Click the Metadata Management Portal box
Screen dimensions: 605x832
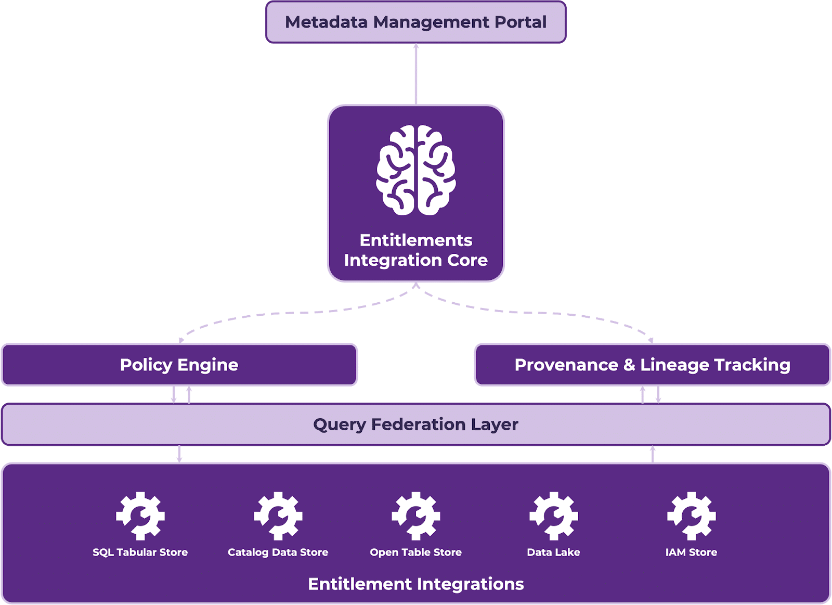[x=415, y=22]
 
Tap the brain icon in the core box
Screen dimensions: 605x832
[x=416, y=170]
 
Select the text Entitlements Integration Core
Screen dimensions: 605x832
[x=416, y=250]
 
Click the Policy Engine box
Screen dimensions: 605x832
[x=179, y=365]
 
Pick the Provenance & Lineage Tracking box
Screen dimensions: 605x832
[x=652, y=365]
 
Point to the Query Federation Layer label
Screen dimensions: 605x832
[x=415, y=424]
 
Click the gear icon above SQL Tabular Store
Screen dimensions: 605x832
[x=140, y=516]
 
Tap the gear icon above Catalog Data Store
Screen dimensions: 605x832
[x=278, y=516]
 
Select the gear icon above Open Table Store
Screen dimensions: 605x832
[x=416, y=516]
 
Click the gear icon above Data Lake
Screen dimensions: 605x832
[x=554, y=516]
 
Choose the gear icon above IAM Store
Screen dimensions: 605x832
[x=691, y=516]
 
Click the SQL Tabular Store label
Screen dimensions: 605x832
[x=140, y=552]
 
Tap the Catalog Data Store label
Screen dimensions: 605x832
[x=278, y=552]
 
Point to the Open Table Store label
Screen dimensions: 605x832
[x=416, y=552]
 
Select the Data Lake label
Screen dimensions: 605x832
[x=554, y=552]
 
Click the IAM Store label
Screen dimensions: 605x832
[x=691, y=552]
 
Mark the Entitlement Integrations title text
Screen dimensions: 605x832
[x=416, y=584]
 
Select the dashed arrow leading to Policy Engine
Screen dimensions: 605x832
[x=281, y=314]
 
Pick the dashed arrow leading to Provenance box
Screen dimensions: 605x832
[x=551, y=314]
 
